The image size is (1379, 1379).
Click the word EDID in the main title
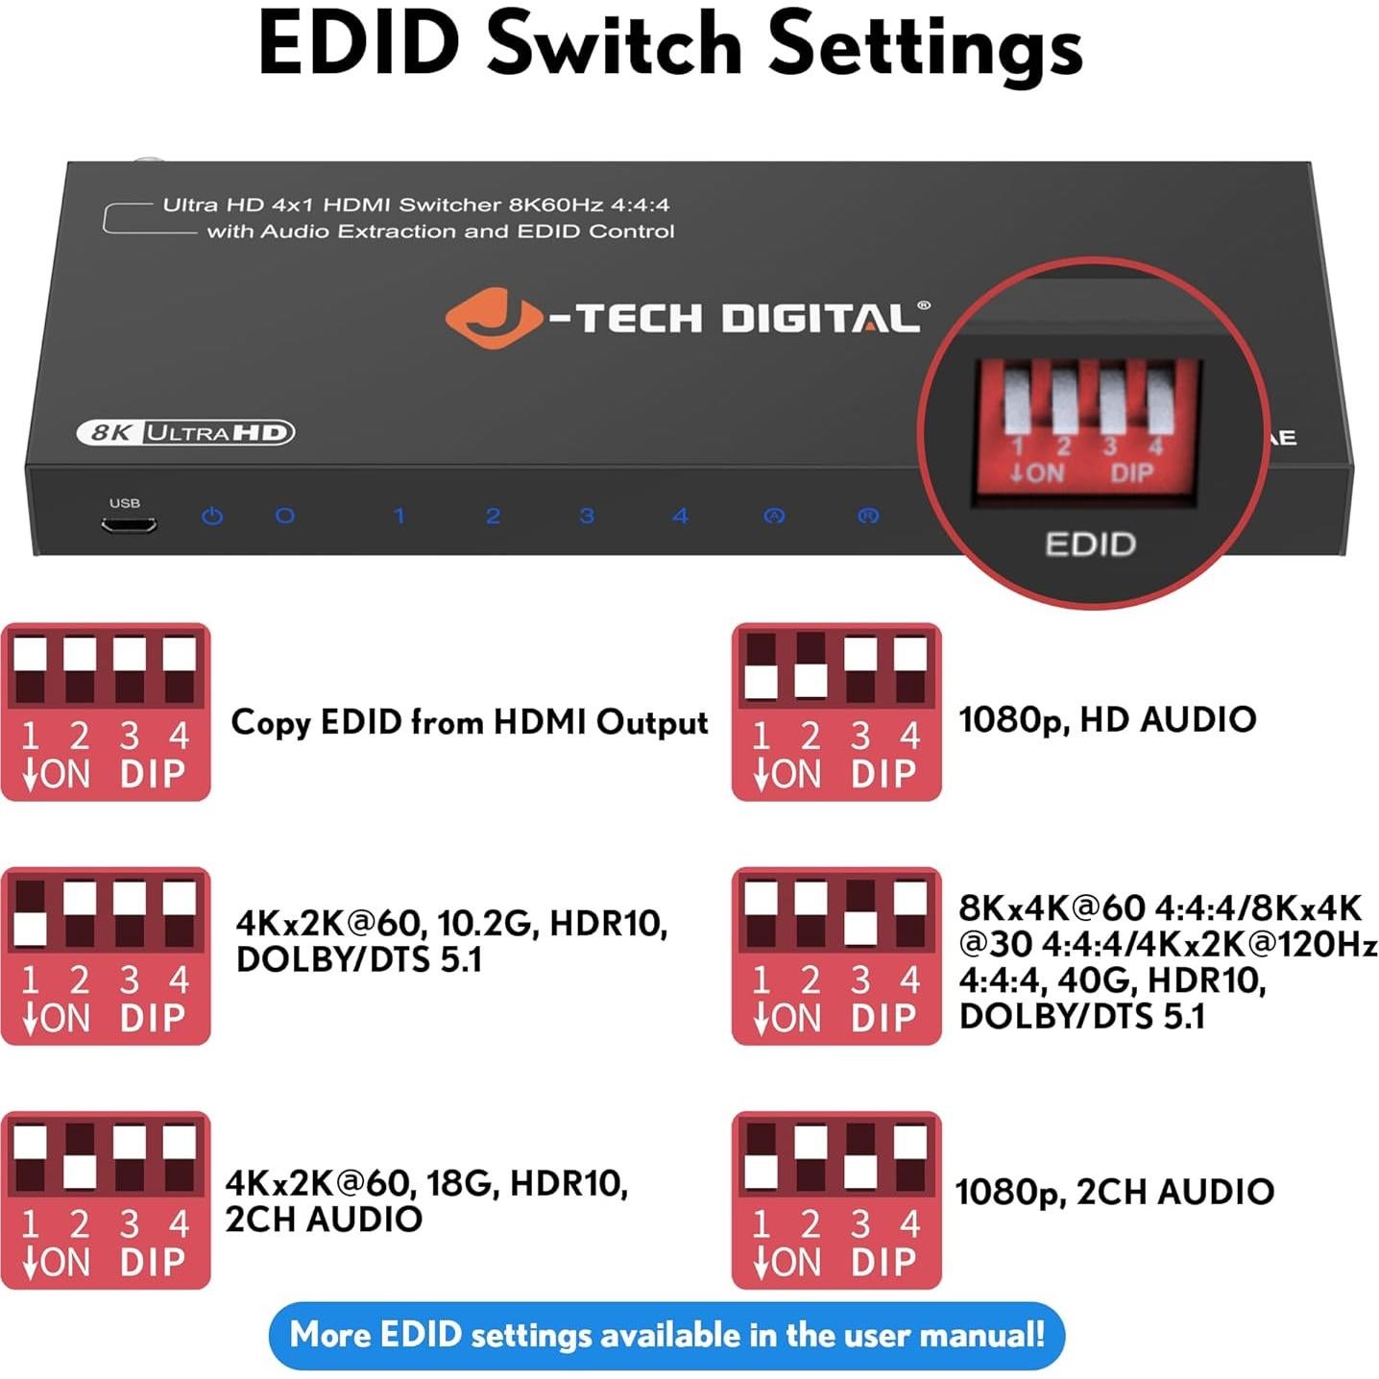359,44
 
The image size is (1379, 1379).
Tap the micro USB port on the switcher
129,525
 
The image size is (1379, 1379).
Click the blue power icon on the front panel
212,516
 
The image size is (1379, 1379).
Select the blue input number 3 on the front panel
587,516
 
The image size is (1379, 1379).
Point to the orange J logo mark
494,318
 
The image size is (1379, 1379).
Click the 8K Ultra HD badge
184,433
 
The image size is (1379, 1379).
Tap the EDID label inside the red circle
1090,544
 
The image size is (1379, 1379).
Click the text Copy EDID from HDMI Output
469,722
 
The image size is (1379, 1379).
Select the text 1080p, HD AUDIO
1107,719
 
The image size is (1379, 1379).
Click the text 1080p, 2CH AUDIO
1114,1192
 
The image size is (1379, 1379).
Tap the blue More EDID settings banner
666,1335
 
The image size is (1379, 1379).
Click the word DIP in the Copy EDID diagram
152,774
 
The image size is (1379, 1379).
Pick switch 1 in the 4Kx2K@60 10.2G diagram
30,914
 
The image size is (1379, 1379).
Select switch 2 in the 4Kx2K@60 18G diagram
80,1158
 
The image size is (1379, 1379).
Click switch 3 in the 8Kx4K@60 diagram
860,914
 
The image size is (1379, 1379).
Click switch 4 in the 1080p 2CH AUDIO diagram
910,1158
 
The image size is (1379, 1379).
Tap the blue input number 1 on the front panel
399,516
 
